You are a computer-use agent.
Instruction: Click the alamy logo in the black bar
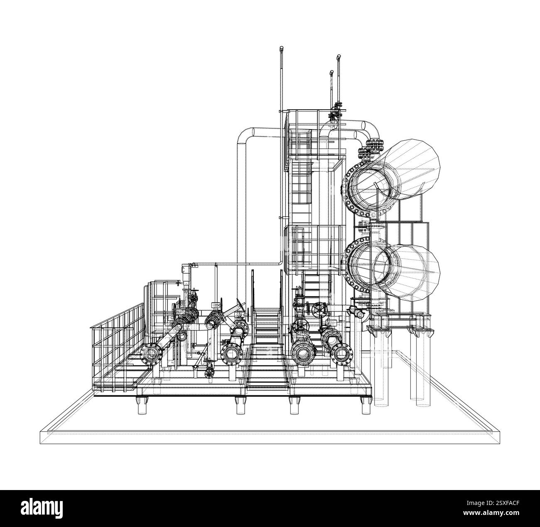pos(42,508)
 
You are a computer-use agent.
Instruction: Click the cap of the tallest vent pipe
pos(282,49)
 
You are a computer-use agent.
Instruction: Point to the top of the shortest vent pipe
pos(331,72)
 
